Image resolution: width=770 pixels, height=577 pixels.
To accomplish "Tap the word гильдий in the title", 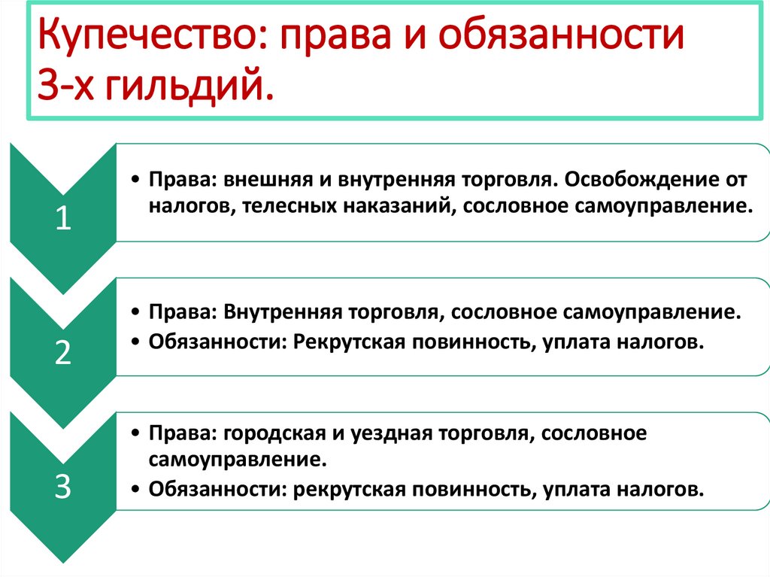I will click(x=187, y=87).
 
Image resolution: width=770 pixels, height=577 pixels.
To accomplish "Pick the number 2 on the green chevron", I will click(x=63, y=353).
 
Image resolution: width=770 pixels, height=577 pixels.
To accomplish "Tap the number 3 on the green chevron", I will click(x=63, y=487).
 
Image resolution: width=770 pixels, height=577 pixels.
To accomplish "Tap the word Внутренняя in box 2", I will click(x=280, y=311).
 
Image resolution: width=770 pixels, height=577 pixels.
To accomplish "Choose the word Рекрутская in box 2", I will click(x=345, y=342).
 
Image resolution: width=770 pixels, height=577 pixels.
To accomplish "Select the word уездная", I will click(x=382, y=434).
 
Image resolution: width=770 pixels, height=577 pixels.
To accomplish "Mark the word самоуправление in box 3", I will click(x=237, y=458).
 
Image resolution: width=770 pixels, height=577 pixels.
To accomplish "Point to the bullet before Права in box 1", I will click(x=134, y=181).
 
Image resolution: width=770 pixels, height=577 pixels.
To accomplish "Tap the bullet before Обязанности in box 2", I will click(x=134, y=342).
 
